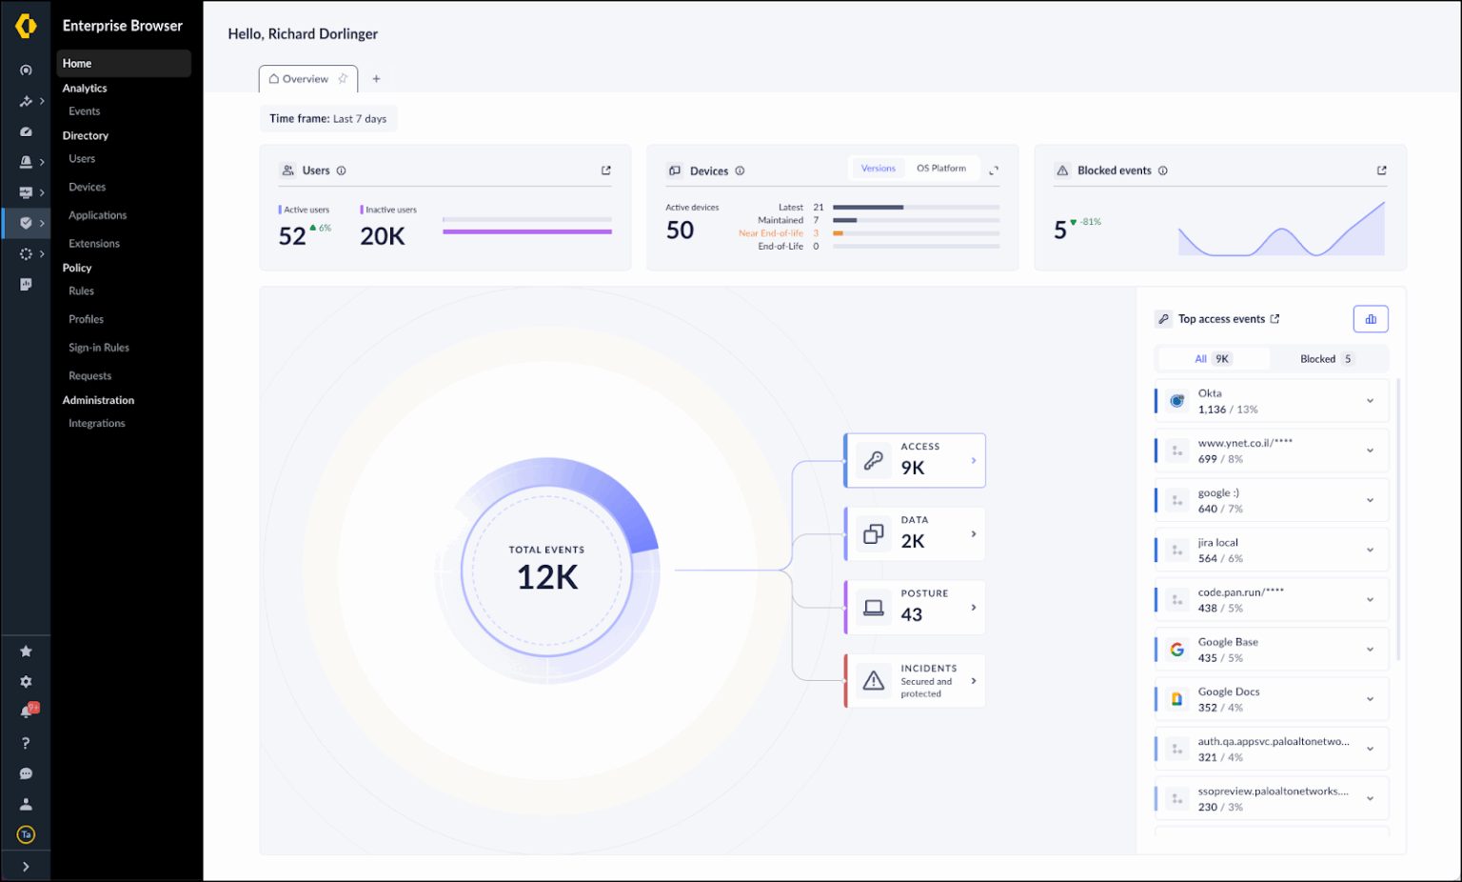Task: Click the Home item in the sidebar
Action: (78, 64)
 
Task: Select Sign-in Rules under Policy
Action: (99, 348)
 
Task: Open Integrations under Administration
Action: (96, 424)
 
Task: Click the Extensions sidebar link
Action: (94, 244)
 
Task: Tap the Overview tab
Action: (305, 79)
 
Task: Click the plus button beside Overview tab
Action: (376, 79)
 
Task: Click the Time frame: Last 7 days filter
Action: (327, 119)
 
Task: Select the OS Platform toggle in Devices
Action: (940, 169)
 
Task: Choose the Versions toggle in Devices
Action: (878, 169)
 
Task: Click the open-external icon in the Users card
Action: (606, 170)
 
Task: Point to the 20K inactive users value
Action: (383, 236)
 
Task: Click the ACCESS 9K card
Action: (915, 460)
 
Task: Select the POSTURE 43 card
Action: (915, 607)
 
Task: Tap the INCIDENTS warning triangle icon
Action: (873, 681)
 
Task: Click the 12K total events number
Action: (547, 577)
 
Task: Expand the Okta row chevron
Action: (1370, 401)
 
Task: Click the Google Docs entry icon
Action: (1177, 699)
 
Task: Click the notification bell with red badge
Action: (27, 712)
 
